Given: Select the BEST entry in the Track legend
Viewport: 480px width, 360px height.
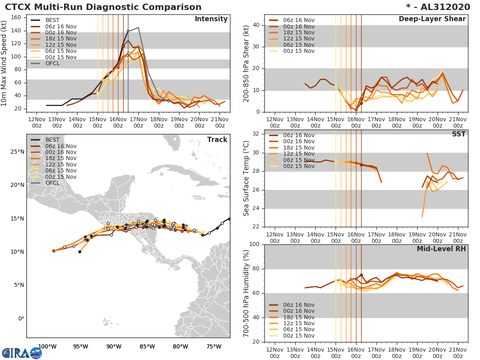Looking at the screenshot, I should tap(52, 140).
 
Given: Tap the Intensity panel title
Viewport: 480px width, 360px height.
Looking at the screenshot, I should tap(211, 19).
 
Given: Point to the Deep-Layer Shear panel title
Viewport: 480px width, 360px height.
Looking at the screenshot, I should tap(432, 19).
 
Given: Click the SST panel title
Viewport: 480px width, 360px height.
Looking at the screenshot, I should tap(459, 134).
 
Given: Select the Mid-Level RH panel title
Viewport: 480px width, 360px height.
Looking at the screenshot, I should tap(441, 249).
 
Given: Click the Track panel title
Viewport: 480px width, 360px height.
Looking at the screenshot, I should tap(217, 140).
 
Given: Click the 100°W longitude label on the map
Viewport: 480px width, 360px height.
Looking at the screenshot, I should tap(47, 346).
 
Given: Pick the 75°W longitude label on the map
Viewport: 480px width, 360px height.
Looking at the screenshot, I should tap(214, 346).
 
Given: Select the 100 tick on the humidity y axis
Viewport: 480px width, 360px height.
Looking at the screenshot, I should tap(254, 244).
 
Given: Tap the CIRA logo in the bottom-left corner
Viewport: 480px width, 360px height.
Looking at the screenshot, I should tap(22, 353).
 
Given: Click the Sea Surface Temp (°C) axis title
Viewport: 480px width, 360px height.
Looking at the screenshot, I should tap(246, 178).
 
